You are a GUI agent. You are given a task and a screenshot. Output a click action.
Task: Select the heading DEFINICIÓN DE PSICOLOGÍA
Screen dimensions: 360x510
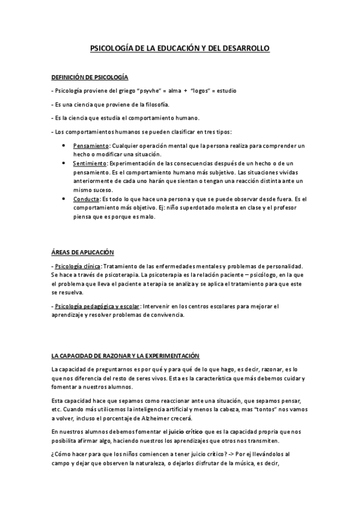[x=90, y=78]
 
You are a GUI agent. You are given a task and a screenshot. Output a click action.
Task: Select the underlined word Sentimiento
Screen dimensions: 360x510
[x=90, y=164]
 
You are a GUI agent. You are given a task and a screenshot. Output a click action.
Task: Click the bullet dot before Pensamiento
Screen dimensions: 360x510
[x=64, y=146]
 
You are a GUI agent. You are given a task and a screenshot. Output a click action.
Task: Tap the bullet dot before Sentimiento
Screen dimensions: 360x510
[x=64, y=164]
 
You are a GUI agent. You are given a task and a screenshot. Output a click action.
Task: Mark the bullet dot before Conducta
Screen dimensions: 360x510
[x=64, y=199]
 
